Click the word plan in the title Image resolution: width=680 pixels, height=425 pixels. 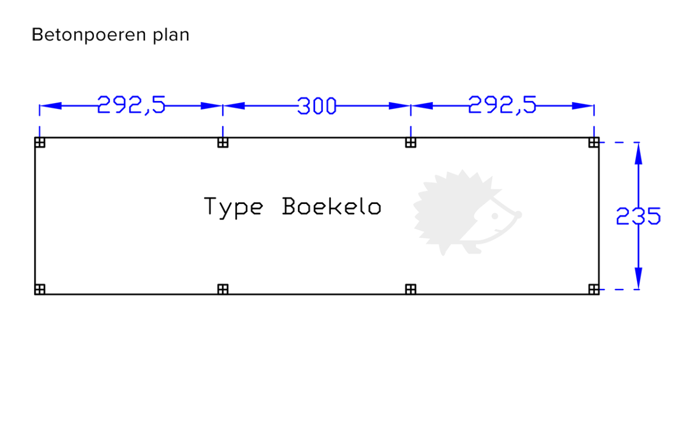(171, 35)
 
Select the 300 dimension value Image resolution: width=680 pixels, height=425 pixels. (317, 106)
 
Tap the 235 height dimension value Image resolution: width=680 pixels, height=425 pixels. (639, 216)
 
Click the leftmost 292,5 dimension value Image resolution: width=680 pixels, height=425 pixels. (131, 105)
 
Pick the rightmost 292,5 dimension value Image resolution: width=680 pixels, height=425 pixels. (503, 105)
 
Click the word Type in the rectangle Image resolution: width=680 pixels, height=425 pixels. (233, 207)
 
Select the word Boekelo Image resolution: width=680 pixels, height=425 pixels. (331, 206)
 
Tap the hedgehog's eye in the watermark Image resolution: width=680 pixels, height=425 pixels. (495, 216)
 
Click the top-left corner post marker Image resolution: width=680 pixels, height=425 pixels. (40, 142)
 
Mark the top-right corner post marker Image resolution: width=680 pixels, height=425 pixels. (594, 142)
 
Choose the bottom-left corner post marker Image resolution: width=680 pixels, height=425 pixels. (40, 290)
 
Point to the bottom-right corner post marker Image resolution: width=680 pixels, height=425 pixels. (594, 290)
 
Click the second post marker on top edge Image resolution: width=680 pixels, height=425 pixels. (223, 142)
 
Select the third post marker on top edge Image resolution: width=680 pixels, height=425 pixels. (411, 142)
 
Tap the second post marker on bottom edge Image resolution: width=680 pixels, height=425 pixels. (223, 290)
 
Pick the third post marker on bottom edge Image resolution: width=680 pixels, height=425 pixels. (411, 290)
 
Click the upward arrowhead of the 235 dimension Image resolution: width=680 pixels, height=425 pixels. (639, 154)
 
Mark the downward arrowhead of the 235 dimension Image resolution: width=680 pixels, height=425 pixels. (639, 278)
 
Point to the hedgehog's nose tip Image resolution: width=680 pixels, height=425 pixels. (519, 215)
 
